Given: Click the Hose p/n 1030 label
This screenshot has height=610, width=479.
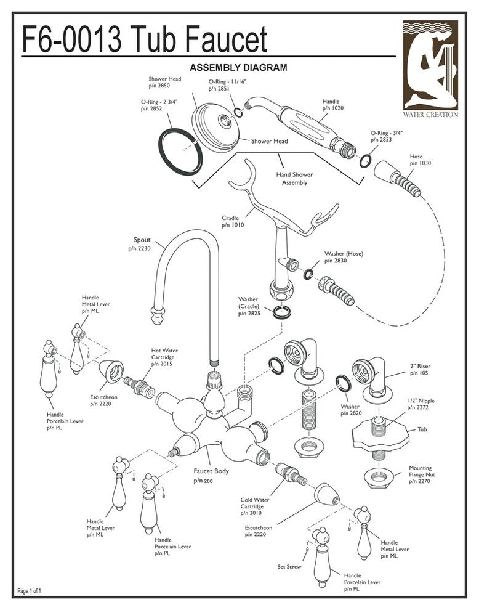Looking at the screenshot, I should [x=416, y=160].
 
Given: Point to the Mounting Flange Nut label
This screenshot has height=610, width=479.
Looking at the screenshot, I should [x=420, y=474].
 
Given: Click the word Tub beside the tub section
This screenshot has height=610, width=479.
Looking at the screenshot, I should [x=422, y=429].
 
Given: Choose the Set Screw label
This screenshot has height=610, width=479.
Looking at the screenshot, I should [x=289, y=566].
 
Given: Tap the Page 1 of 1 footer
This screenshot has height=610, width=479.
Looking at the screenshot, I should [x=30, y=591].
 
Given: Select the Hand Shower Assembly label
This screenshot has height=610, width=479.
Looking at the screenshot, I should [x=294, y=179].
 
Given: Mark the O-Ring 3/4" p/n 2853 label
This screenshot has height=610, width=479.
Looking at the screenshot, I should [x=386, y=136].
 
